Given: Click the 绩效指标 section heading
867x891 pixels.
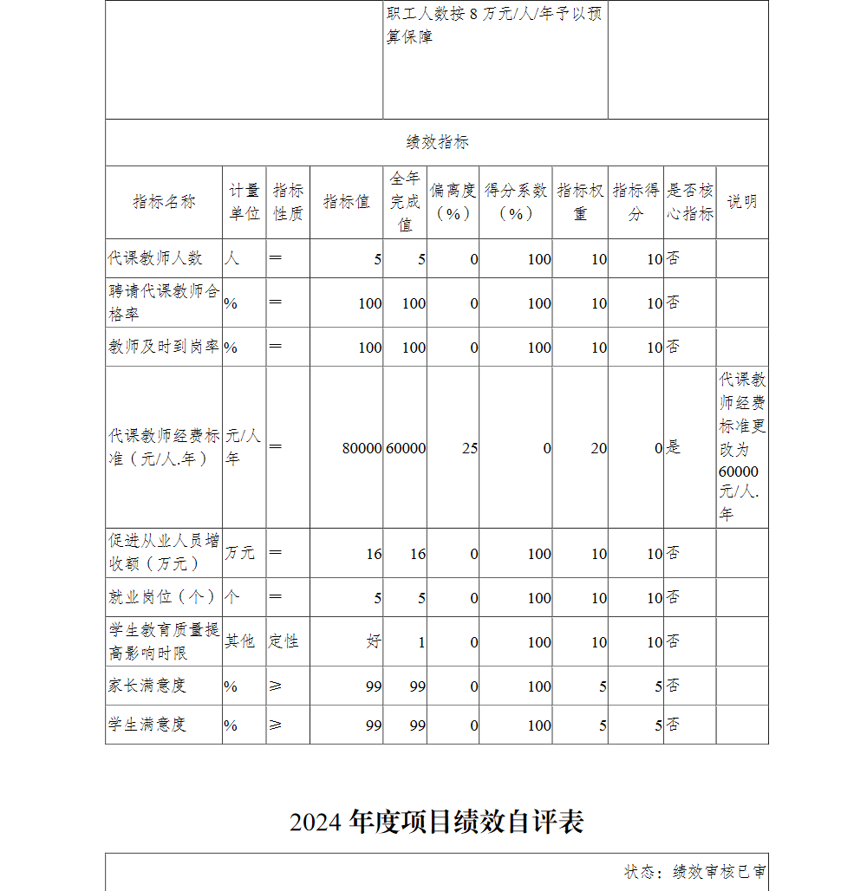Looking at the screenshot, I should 437,142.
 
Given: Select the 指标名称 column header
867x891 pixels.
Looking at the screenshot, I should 164,202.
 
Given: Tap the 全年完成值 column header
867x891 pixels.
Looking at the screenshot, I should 405,202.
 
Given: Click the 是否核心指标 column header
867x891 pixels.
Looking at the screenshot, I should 690,202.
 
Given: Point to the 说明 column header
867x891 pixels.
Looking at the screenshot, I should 742,202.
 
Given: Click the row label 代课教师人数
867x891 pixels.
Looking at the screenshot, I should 155,258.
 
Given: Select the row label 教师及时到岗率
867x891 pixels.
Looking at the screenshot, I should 164,347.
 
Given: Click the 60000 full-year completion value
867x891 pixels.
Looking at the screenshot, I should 406,448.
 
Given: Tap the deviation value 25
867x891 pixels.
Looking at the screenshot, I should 470,448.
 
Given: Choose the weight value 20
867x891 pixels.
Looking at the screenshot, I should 599,448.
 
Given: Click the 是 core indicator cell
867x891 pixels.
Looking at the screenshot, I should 674,448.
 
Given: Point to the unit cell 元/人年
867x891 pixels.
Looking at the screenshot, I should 244,447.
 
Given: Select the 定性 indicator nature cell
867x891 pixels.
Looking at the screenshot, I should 284,641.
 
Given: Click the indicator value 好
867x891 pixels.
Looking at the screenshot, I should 374,641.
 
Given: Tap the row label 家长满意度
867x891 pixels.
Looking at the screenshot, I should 147,686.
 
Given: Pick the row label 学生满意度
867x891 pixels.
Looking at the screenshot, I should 147,725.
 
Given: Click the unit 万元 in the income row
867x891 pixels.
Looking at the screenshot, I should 240,553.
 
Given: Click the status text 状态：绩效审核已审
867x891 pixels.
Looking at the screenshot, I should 695,872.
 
